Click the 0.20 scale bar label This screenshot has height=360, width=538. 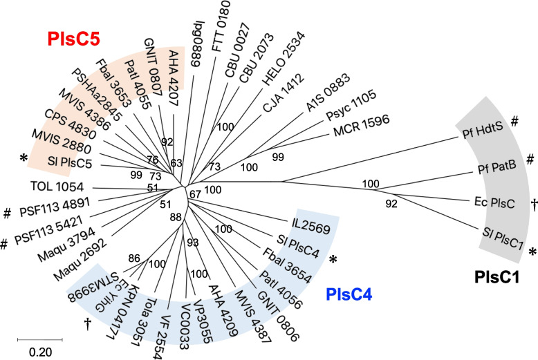click(x=39, y=350)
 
